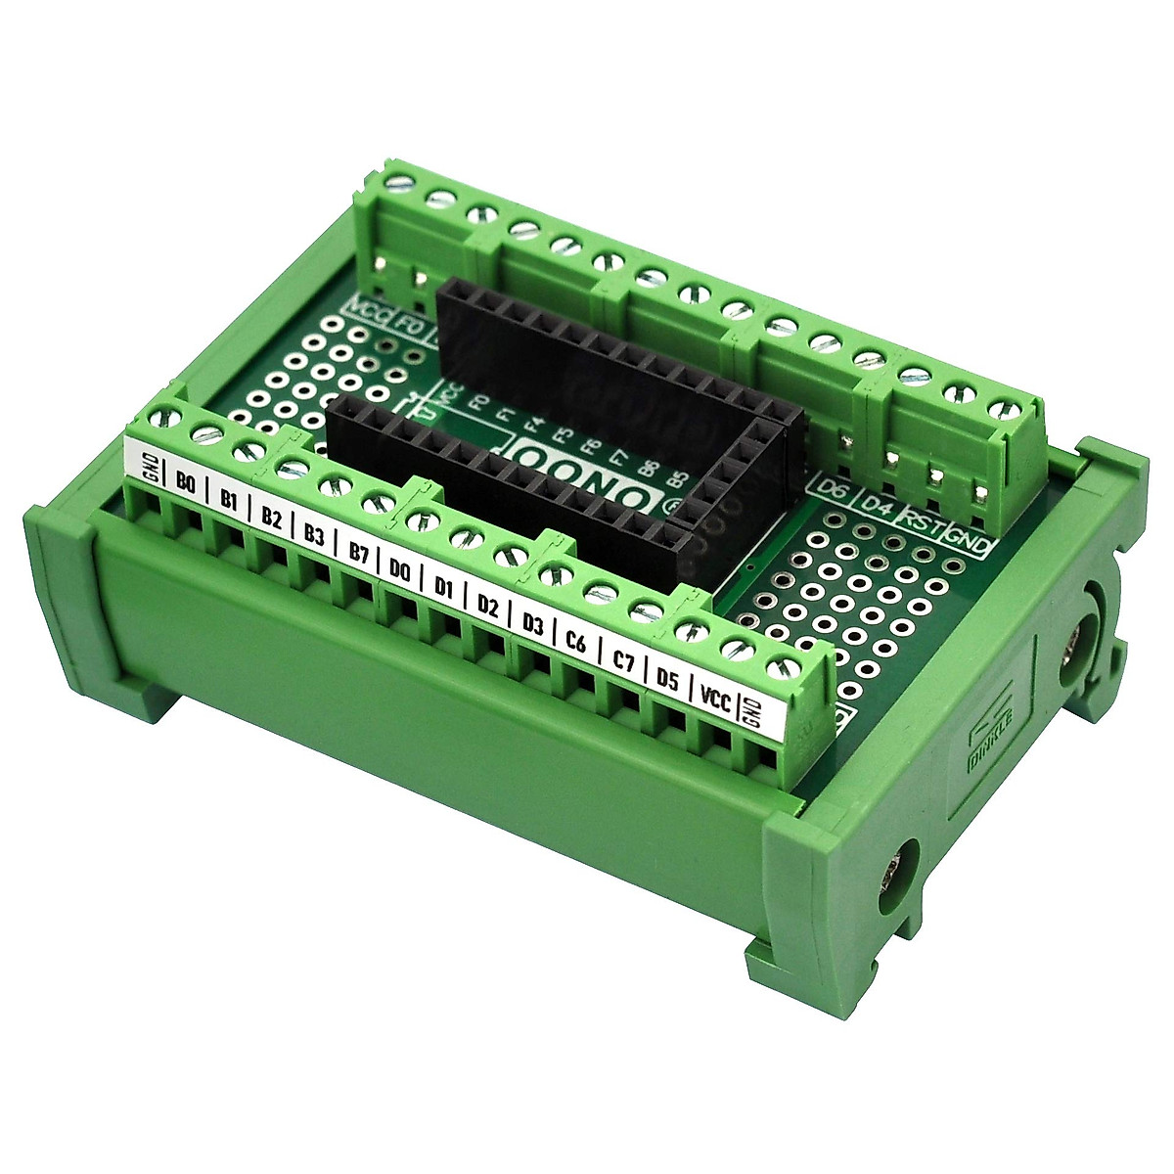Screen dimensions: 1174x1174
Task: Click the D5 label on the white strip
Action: [x=668, y=680]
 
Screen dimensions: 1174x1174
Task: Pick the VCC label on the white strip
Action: [x=716, y=699]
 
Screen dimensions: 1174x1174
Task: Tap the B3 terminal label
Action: [x=314, y=536]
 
